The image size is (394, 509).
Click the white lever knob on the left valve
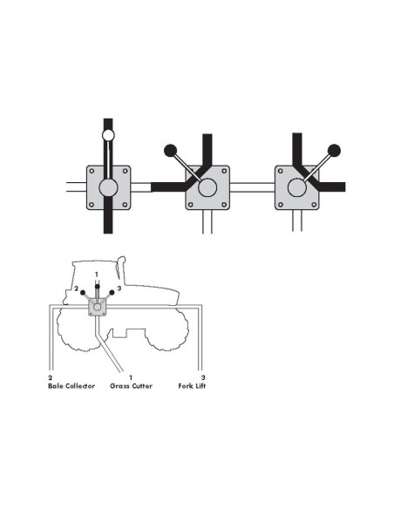point(108,135)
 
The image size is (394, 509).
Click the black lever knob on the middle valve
point(171,149)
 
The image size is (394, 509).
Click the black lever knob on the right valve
point(333,149)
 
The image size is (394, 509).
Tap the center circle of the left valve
point(108,187)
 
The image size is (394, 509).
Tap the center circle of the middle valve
point(207,187)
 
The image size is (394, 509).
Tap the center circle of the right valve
point(297,187)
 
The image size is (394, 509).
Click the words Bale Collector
point(71,384)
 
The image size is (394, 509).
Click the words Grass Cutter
point(131,384)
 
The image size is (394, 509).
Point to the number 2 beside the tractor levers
point(77,288)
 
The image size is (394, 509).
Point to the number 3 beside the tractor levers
point(118,288)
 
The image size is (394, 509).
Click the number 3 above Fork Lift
point(203,377)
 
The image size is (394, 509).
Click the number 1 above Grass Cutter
point(131,377)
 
